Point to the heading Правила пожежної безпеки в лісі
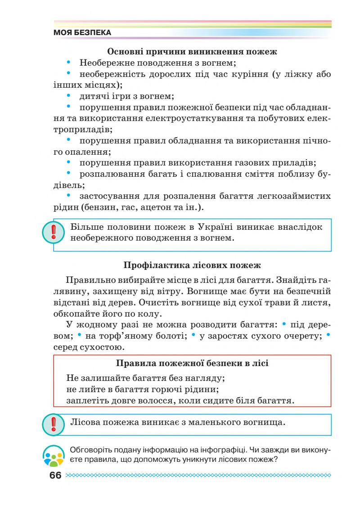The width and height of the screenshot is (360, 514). (192, 363)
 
